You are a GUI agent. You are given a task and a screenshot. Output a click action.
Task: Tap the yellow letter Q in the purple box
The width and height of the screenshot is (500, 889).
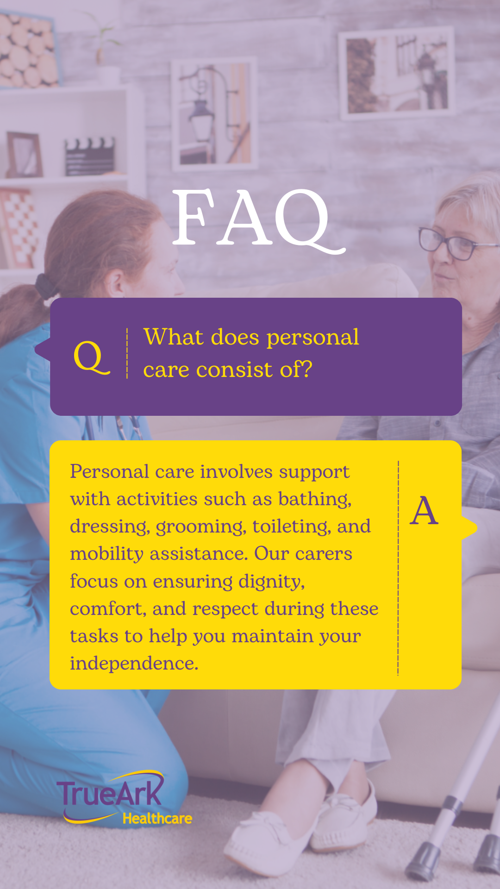[92, 357]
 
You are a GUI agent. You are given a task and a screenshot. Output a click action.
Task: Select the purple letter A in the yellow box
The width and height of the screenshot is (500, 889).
[424, 511]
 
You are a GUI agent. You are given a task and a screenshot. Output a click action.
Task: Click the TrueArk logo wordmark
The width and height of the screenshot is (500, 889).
[110, 793]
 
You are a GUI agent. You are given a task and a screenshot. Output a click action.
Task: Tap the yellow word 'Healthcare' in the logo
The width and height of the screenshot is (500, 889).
[157, 819]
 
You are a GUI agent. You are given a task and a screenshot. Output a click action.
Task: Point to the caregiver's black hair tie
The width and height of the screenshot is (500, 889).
[44, 286]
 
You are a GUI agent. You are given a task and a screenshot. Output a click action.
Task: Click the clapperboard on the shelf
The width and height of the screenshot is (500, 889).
[90, 156]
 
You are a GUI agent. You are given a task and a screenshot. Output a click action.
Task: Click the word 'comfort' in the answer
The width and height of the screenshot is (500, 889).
[107, 609]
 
